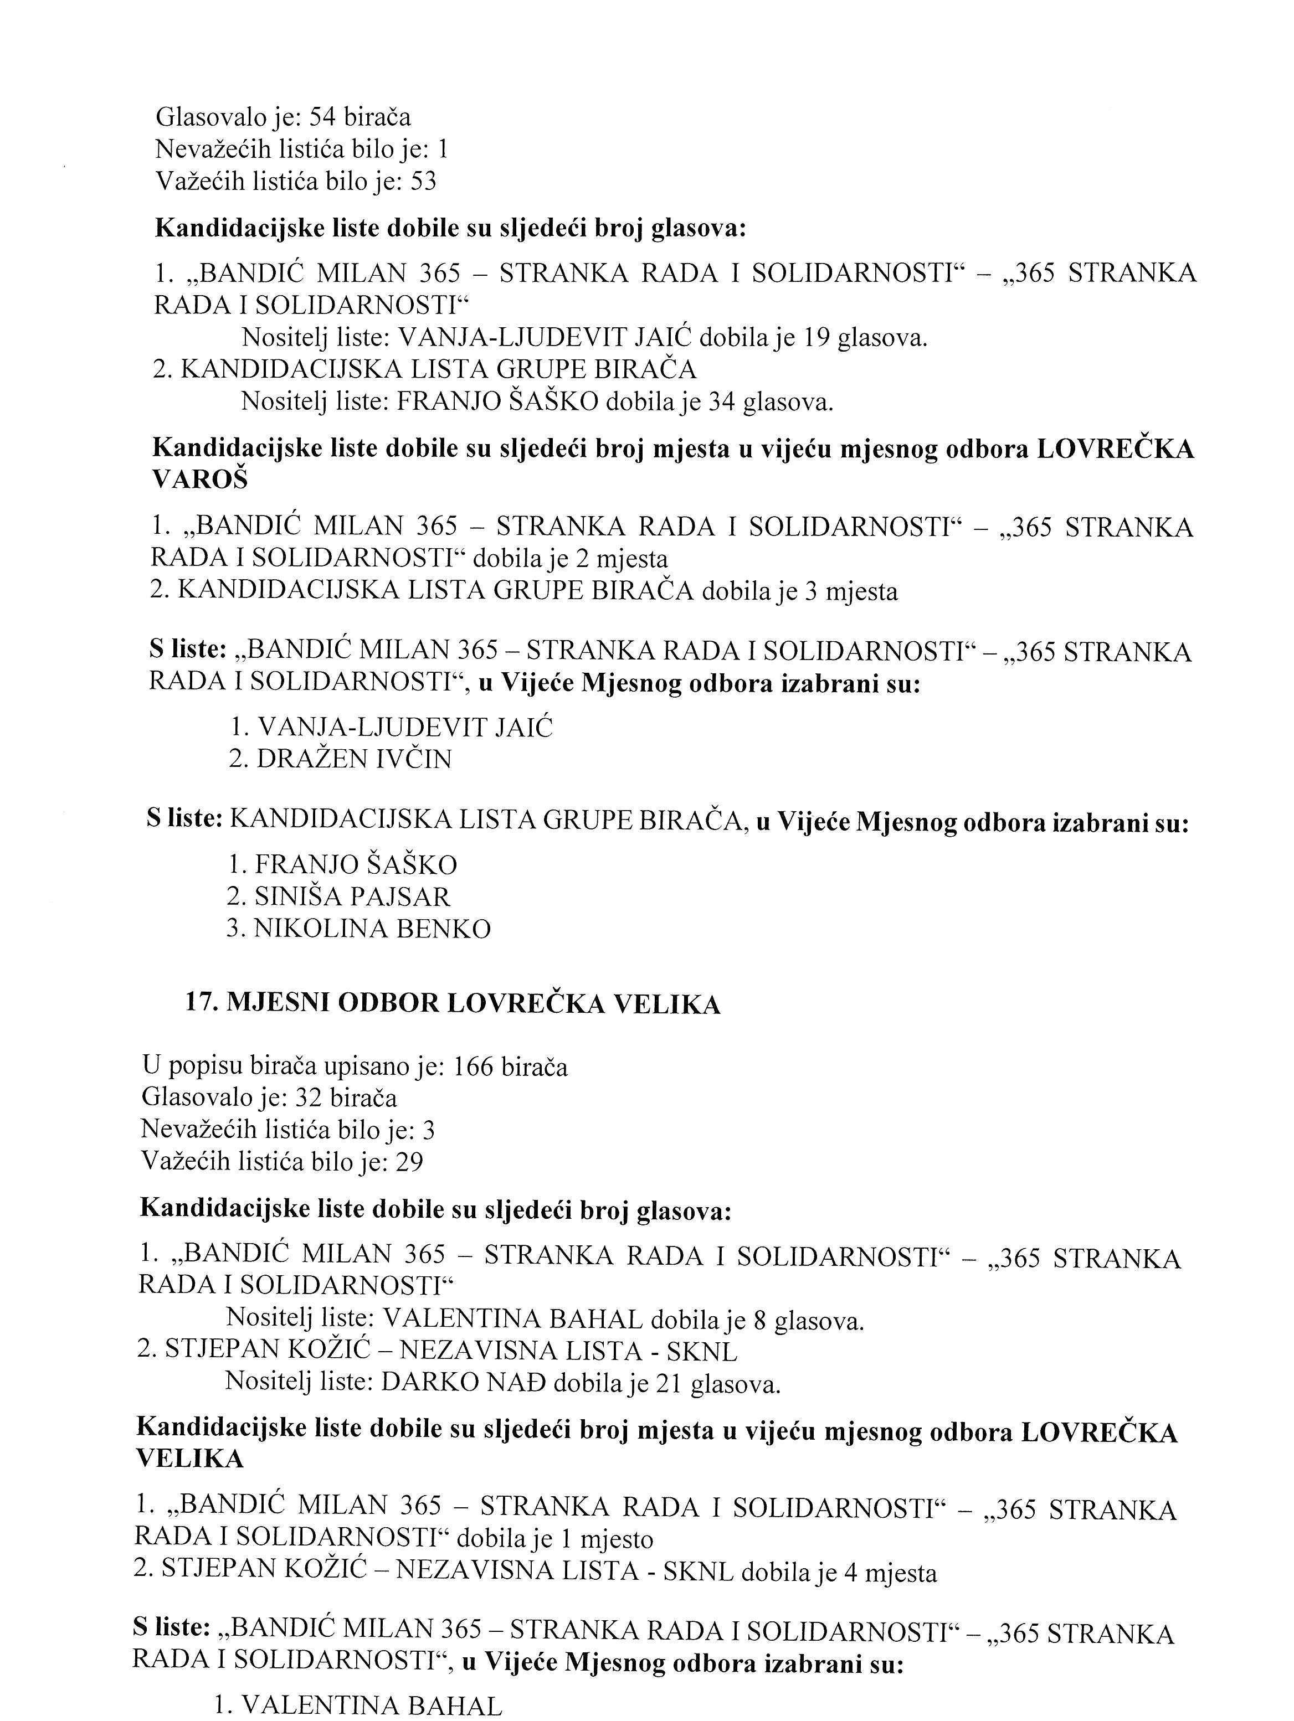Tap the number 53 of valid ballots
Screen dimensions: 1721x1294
click(423, 181)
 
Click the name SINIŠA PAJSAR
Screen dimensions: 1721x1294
click(352, 897)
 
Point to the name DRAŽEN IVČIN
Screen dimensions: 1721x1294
click(354, 759)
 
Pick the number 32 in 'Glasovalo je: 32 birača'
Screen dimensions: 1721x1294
click(310, 1098)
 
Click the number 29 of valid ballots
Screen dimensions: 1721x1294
click(409, 1162)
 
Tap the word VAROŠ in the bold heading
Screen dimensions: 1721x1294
click(200, 480)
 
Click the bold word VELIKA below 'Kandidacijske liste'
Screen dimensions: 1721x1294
click(190, 1460)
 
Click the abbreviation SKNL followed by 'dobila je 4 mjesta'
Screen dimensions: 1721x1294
click(698, 1573)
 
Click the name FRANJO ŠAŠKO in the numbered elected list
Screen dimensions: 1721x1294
click(356, 865)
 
